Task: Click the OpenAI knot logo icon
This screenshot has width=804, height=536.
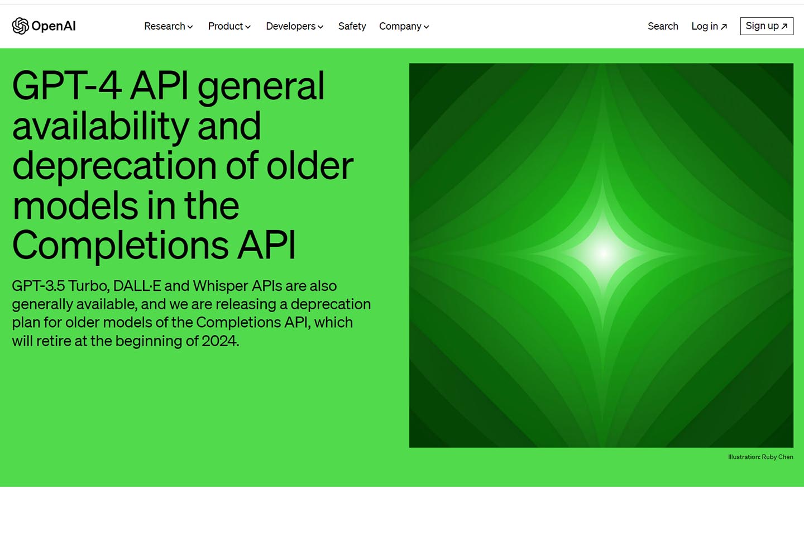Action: [20, 26]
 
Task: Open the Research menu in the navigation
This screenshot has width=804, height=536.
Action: [168, 26]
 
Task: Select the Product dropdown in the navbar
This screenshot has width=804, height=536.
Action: [229, 26]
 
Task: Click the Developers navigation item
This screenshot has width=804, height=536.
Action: [294, 26]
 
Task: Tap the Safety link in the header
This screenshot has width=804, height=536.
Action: [352, 26]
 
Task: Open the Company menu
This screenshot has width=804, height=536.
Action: [404, 26]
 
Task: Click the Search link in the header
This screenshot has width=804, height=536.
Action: [663, 26]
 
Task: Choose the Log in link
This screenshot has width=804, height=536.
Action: [705, 26]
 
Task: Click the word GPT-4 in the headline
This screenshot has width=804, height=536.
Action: [66, 86]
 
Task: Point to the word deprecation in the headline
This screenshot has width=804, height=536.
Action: [114, 166]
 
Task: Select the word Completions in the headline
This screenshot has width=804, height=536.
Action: [120, 245]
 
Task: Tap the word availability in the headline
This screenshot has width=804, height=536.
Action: [100, 126]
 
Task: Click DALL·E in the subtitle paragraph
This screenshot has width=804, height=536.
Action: [137, 286]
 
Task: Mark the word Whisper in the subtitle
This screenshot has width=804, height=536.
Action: [220, 286]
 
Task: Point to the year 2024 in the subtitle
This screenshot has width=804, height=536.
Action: [219, 341]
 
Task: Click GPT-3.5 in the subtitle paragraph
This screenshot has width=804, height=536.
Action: [38, 286]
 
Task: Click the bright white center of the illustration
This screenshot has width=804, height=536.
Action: [603, 254]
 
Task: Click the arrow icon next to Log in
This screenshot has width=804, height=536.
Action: [724, 27]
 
